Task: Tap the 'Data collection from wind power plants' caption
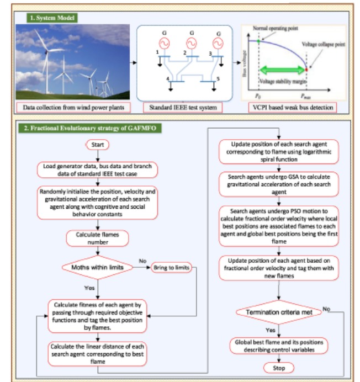71,106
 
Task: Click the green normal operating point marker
258,40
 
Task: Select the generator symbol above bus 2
191,43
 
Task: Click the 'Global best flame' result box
278,346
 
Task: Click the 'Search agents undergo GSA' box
278,182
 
